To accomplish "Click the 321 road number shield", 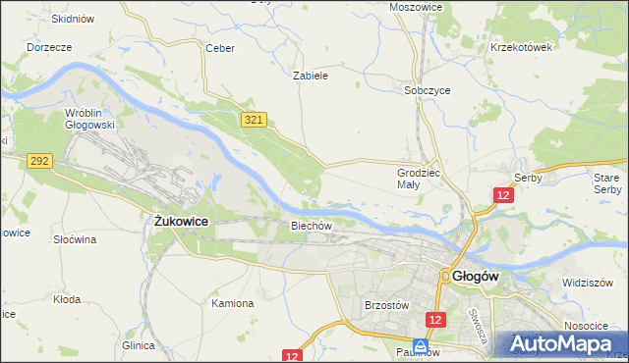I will pyautogui.click(x=254, y=119).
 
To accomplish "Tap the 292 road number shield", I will pyautogui.click(x=39, y=159).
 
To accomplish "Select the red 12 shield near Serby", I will pyautogui.click(x=503, y=195).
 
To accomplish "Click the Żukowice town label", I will pyautogui.click(x=181, y=222).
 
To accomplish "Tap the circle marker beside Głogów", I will pyautogui.click(x=445, y=277).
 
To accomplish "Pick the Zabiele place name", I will pyautogui.click(x=310, y=75).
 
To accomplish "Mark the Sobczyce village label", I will pyautogui.click(x=428, y=89).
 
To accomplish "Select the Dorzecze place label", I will pyautogui.click(x=49, y=47).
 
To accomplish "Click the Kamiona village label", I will pyautogui.click(x=233, y=303).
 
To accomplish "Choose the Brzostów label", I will pyautogui.click(x=386, y=305).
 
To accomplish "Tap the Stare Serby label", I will pyautogui.click(x=607, y=182).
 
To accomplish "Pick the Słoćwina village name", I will pyautogui.click(x=75, y=239).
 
